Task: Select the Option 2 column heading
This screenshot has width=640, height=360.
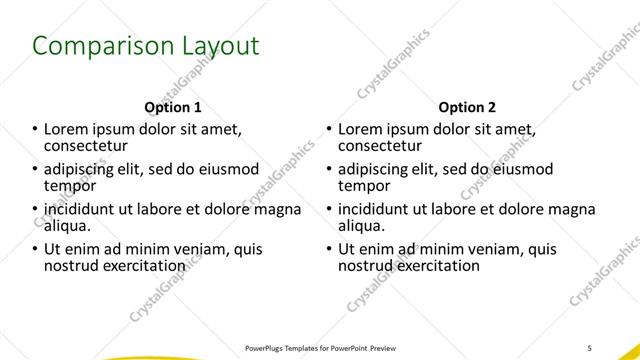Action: (467, 108)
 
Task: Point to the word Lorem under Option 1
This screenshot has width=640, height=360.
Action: (66, 130)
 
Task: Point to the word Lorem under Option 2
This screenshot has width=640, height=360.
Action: (360, 130)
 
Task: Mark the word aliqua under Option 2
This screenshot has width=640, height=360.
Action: (362, 226)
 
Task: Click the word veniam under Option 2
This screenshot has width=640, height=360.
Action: (468, 249)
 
